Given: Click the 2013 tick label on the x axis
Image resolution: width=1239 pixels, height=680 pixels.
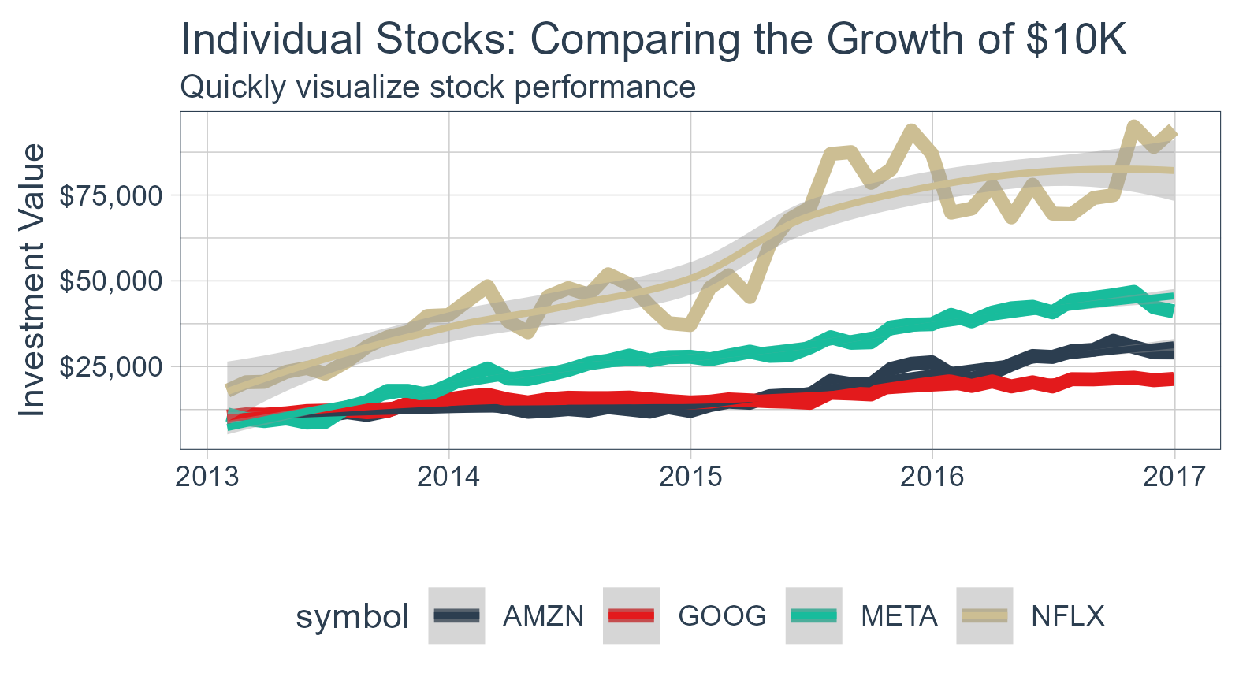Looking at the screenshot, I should click(x=206, y=477).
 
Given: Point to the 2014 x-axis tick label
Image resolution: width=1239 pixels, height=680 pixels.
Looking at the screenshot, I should click(x=448, y=477).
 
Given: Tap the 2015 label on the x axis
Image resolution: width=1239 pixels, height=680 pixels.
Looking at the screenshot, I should click(x=690, y=477).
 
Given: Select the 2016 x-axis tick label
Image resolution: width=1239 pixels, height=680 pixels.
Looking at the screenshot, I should click(x=932, y=477).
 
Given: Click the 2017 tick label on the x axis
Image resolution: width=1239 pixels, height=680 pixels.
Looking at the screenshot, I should click(x=1174, y=477).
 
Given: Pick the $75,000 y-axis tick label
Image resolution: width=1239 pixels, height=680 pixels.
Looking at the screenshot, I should click(x=111, y=195).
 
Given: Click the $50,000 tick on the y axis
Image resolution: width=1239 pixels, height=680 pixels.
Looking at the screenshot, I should click(x=111, y=281).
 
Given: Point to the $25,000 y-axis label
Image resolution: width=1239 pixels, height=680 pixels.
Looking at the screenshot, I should click(x=111, y=367).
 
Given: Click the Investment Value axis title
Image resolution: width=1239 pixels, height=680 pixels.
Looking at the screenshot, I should click(x=32, y=280).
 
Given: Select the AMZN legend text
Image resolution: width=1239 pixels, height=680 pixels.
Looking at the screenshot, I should click(x=544, y=616).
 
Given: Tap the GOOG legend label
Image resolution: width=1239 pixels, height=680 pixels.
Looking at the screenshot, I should click(x=722, y=616).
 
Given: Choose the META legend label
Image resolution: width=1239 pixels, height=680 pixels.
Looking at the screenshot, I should click(x=899, y=616).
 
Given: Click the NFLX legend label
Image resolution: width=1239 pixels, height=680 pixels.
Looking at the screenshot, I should click(x=1068, y=616).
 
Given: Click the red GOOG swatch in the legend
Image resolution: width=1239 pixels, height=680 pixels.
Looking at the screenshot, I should click(x=631, y=616).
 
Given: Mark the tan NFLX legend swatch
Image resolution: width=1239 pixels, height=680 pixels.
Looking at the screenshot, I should click(x=984, y=616).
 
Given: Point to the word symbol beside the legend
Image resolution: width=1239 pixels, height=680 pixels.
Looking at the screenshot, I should click(x=352, y=617).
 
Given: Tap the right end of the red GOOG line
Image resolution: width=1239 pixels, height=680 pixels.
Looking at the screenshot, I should click(x=1173, y=379).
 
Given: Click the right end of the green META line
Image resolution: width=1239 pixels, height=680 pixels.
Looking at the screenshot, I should click(x=1173, y=310).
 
